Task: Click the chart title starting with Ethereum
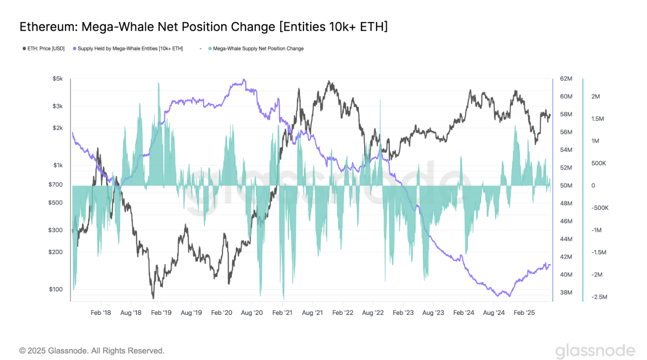[x=203, y=27]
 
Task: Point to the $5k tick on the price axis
[x=58, y=79]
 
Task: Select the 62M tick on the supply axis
[x=566, y=79]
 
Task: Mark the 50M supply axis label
[x=566, y=186]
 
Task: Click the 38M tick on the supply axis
[x=566, y=292]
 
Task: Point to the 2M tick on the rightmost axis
[x=595, y=96]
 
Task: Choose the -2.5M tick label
[x=599, y=297]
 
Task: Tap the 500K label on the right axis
[x=599, y=163]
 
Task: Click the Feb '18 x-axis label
[x=101, y=313]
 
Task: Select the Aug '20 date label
[x=252, y=313]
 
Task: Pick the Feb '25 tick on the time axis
[x=524, y=313]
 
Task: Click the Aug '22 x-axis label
[x=373, y=313]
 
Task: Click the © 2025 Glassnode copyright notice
[x=92, y=351]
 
